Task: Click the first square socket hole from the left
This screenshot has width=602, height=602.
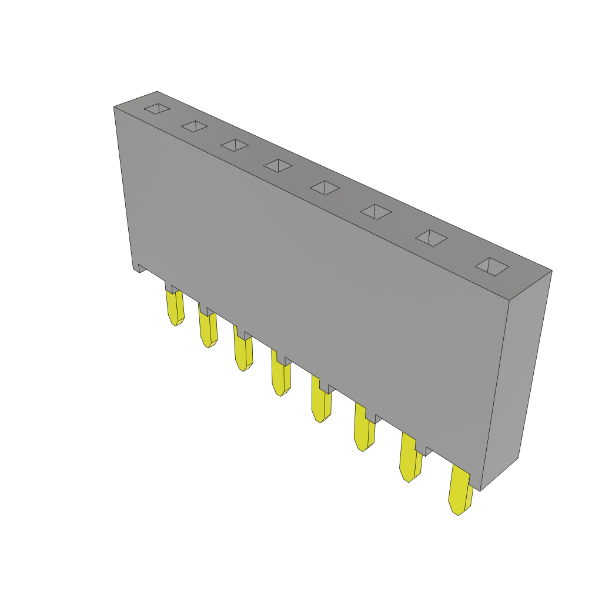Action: click(x=157, y=109)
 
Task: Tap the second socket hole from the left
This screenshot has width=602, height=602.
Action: click(x=195, y=126)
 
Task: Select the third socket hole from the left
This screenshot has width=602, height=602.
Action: click(x=235, y=145)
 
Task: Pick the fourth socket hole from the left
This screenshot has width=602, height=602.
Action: click(x=278, y=166)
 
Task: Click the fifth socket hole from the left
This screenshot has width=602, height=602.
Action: click(x=325, y=188)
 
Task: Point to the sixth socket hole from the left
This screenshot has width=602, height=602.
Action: click(x=376, y=212)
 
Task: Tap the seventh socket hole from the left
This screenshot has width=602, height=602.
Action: click(x=431, y=238)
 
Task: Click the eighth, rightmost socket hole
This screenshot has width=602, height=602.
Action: click(x=492, y=266)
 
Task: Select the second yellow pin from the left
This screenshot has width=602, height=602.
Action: click(x=208, y=330)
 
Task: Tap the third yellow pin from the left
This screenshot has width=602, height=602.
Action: click(x=243, y=353)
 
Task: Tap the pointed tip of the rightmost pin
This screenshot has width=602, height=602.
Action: click(x=457, y=513)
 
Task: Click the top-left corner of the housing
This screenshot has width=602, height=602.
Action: click(x=115, y=108)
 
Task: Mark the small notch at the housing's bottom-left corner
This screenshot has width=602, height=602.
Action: click(x=141, y=268)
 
